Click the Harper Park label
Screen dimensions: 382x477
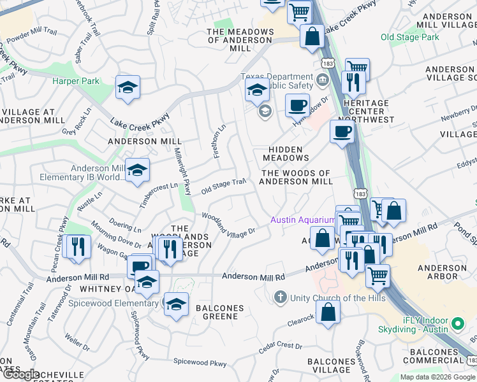tap(76, 81)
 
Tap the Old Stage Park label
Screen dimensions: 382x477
tap(410, 38)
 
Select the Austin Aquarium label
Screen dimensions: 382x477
tap(302, 220)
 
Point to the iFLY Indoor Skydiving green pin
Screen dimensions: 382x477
tap(457, 325)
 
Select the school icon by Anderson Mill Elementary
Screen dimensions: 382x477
tap(137, 171)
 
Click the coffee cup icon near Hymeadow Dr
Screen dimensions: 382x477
tap(296, 105)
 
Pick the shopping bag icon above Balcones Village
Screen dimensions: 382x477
tap(328, 313)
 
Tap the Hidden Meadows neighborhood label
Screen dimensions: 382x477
tap(285, 153)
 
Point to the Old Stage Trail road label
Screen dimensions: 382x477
tap(223, 186)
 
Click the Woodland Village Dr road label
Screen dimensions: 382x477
tap(229, 224)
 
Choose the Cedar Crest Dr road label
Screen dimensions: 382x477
tap(281, 348)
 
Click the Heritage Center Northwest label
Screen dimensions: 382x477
tap(365, 111)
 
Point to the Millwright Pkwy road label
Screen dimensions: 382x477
tap(183, 172)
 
